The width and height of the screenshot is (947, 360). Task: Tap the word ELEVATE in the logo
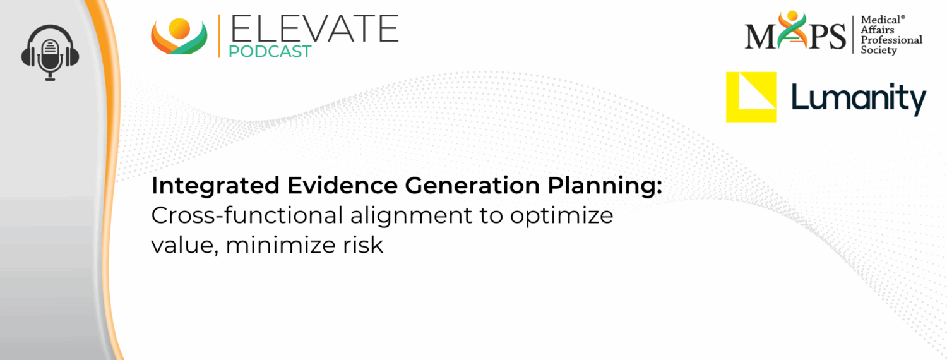[314, 29]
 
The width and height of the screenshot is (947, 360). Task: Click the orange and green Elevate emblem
[179, 36]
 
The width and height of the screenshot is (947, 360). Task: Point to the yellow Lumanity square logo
[751, 97]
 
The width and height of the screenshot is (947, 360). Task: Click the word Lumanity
[858, 99]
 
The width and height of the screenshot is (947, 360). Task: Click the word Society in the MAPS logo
[879, 50]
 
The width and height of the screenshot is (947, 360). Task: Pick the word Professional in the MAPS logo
[891, 40]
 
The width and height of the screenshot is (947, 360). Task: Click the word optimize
[562, 217]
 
